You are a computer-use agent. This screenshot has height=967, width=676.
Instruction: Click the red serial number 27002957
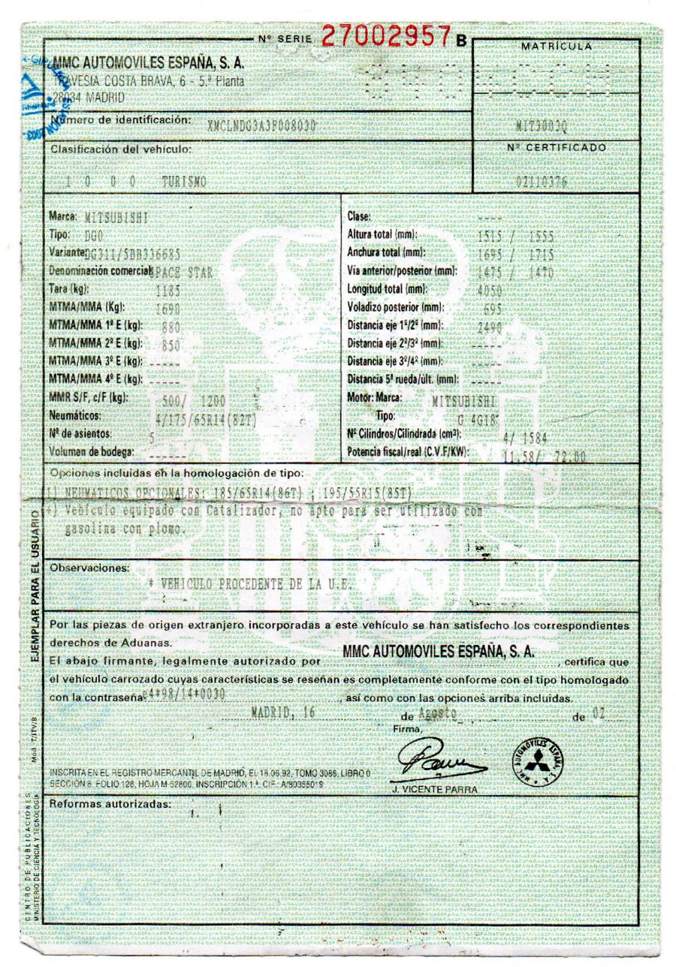click(x=387, y=35)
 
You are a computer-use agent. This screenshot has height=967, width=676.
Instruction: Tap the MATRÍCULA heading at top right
click(x=557, y=47)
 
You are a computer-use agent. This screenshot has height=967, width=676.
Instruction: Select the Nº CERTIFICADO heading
click(x=557, y=147)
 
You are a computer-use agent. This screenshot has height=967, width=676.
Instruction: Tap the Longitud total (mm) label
click(x=387, y=289)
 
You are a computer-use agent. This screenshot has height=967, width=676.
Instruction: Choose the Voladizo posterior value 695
click(x=492, y=308)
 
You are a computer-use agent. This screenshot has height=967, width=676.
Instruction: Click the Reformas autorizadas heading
click(x=110, y=804)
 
